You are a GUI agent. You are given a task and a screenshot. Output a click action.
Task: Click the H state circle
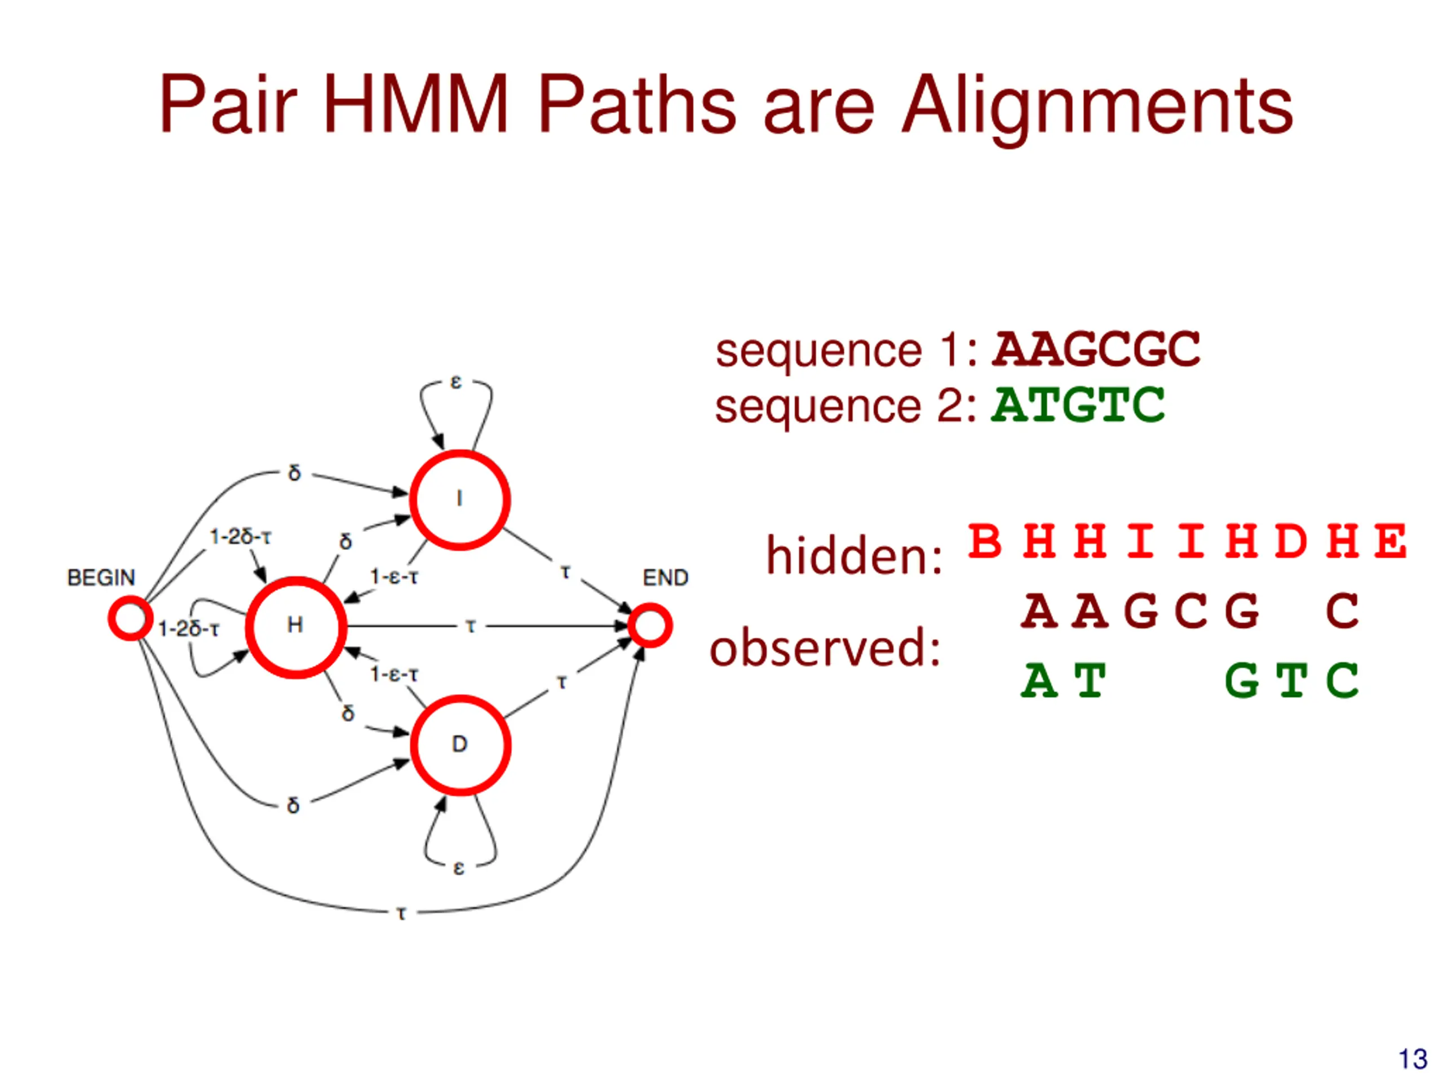(295, 627)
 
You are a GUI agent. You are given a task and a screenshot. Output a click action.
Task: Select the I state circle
(460, 500)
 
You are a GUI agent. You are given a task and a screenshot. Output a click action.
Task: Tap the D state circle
(461, 745)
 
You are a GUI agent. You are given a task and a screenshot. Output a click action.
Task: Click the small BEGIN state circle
(130, 618)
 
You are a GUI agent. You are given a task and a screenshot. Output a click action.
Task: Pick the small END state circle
(650, 626)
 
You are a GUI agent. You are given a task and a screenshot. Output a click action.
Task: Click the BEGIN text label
(101, 578)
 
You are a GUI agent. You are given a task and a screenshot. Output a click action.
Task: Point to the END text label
(665, 578)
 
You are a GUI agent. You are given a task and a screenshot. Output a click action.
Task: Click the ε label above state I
(456, 382)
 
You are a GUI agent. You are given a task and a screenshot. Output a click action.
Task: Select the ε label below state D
(459, 868)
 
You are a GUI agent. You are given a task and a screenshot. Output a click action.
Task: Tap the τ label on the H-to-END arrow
(470, 626)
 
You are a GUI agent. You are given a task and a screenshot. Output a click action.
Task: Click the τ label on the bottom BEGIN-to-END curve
(402, 913)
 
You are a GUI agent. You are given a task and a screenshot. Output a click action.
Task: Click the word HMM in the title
(415, 104)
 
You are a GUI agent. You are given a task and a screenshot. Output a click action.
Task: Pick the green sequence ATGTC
(1078, 405)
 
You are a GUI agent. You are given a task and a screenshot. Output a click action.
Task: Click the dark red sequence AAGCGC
(1096, 349)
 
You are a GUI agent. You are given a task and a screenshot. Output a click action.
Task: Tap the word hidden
(854, 556)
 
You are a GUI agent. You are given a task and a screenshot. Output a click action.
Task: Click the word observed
(825, 648)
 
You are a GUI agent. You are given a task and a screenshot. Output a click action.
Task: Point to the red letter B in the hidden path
(984, 542)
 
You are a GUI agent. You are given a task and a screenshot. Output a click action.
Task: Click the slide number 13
(1413, 1059)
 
